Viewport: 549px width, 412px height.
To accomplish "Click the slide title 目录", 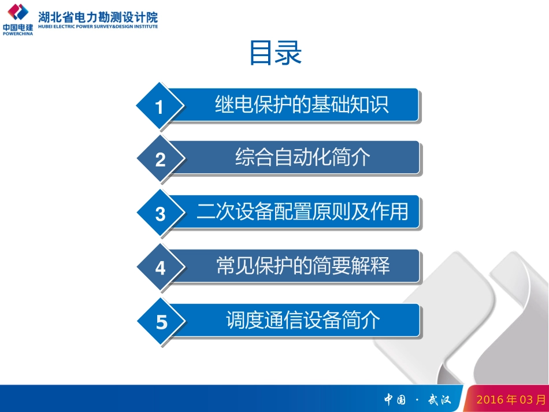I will (x=276, y=54).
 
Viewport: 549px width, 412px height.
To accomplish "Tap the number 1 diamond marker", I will (x=160, y=107).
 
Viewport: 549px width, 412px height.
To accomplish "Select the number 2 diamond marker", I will (x=161, y=159).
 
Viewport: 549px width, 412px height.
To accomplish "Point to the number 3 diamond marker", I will (x=161, y=214).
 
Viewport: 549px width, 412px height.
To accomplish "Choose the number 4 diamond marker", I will (x=161, y=268).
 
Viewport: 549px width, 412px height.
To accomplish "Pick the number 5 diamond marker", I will (x=161, y=322).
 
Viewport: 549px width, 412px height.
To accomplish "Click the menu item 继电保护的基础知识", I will (x=302, y=105).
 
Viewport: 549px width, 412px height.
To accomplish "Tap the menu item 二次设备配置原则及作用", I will (x=302, y=211).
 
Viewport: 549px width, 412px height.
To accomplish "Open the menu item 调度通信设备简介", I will (x=303, y=320).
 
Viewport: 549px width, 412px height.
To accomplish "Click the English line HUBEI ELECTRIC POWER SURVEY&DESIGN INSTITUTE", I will (x=98, y=26).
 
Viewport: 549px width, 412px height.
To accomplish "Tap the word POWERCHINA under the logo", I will (x=18, y=34).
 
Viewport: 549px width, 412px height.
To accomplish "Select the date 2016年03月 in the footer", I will (x=510, y=399).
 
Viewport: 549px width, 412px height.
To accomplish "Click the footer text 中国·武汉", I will (x=417, y=399).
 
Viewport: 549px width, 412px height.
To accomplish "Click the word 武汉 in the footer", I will (x=439, y=399).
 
